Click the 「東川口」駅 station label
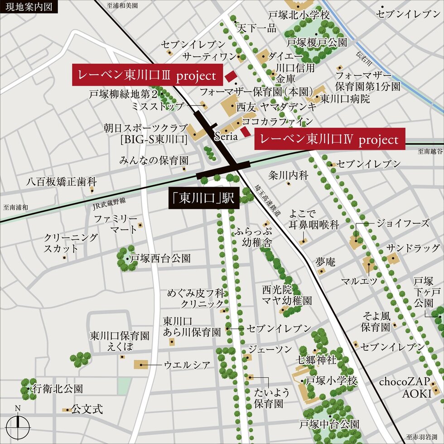pyautogui.click(x=204, y=199)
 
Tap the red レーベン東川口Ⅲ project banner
pyautogui.click(x=148, y=75)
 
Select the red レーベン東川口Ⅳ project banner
pyautogui.click(x=329, y=139)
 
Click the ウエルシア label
pyautogui.click(x=187, y=364)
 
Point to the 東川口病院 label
pyautogui.click(x=345, y=98)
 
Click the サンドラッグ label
pyautogui.click(x=413, y=248)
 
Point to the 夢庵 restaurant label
pyautogui.click(x=325, y=261)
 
